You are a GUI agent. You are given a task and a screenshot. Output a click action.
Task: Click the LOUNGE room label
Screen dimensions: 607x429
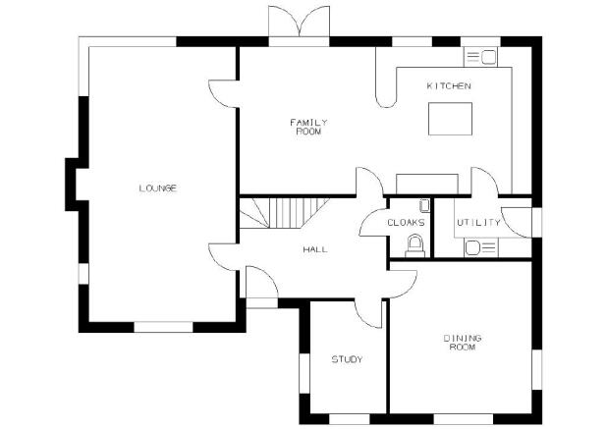158,188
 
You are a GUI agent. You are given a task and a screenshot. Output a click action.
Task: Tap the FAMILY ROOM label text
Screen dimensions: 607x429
309,127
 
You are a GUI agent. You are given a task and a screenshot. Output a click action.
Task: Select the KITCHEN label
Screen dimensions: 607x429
449,85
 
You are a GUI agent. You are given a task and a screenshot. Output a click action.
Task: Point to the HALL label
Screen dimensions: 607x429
315,249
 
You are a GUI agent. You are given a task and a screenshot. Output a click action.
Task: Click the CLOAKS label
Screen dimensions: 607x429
406,223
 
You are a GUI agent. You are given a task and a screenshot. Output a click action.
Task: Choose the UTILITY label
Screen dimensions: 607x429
479,223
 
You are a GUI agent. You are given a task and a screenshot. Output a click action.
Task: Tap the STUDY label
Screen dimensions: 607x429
348,359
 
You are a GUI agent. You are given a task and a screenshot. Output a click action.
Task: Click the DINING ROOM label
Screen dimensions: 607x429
463,343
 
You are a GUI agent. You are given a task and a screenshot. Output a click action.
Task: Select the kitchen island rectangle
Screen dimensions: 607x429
450,119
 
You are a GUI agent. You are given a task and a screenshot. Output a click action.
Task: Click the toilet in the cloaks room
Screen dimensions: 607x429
415,245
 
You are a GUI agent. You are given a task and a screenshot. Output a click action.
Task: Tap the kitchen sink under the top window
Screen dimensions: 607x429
480,57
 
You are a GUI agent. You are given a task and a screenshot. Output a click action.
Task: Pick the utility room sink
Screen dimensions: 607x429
481,247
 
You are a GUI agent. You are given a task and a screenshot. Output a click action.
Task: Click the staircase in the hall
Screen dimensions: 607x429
284,213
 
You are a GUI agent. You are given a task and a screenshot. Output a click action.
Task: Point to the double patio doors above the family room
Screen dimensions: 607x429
300,22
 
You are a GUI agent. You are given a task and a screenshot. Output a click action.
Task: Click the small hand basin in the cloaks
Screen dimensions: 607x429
424,205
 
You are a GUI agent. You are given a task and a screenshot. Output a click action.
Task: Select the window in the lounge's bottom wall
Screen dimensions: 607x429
163,327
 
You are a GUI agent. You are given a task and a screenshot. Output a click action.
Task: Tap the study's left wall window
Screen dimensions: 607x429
304,373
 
